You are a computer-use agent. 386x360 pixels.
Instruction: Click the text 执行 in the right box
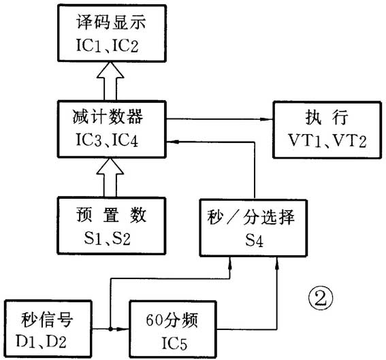[325, 117]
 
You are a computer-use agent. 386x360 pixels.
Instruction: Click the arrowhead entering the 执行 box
[266, 120]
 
